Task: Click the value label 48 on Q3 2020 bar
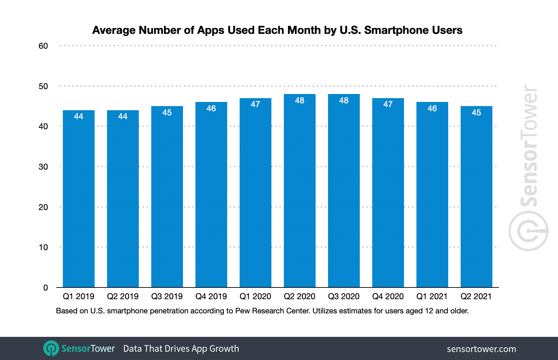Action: click(344, 101)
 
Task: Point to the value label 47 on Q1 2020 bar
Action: click(256, 104)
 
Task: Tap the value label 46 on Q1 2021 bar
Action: click(432, 108)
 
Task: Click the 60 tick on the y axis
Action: click(43, 46)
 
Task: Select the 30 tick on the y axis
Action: click(43, 167)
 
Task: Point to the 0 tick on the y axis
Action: click(46, 288)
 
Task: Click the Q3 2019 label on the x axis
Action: click(167, 296)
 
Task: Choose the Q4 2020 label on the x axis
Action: click(388, 296)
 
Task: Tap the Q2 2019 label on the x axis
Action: click(123, 296)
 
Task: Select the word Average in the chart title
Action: click(114, 30)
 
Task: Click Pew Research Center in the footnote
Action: click(272, 311)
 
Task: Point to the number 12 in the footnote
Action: click(429, 311)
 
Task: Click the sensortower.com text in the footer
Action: click(481, 349)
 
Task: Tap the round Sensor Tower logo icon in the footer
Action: click(51, 348)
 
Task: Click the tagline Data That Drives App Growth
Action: click(181, 349)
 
